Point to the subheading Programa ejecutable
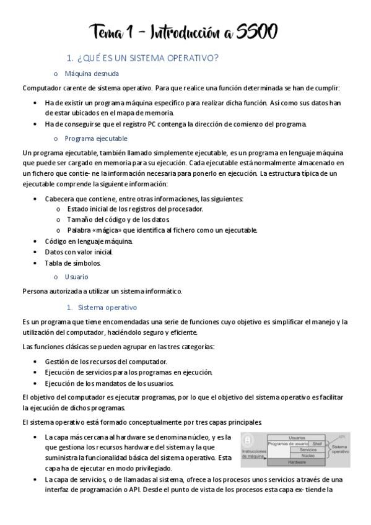96,138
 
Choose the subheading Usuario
77,277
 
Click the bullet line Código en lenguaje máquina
89,241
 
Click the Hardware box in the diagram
297,462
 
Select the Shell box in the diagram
317,444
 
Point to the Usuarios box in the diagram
297,438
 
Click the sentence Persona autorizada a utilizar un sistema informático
102,291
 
